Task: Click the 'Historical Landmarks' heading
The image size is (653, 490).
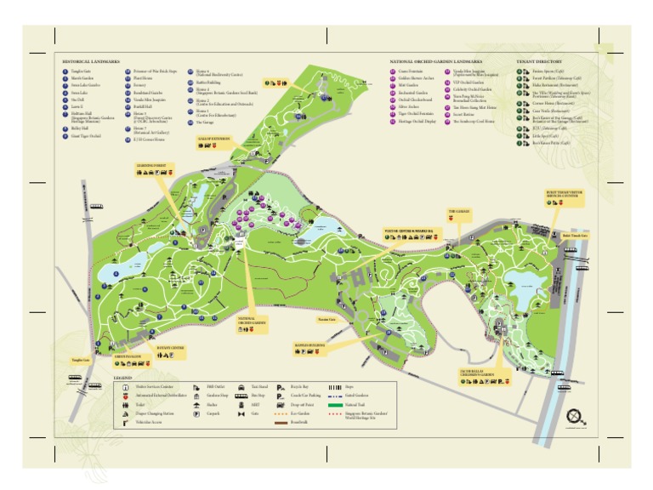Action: [91, 62]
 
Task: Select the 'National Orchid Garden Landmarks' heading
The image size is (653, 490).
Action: [436, 62]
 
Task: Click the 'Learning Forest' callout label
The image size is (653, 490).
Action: [152, 165]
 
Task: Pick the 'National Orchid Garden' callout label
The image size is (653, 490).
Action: [252, 321]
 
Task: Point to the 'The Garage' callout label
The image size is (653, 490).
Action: [457, 210]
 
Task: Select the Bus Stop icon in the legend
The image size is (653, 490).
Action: [236, 396]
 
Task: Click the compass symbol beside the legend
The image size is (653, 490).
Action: [577, 419]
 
